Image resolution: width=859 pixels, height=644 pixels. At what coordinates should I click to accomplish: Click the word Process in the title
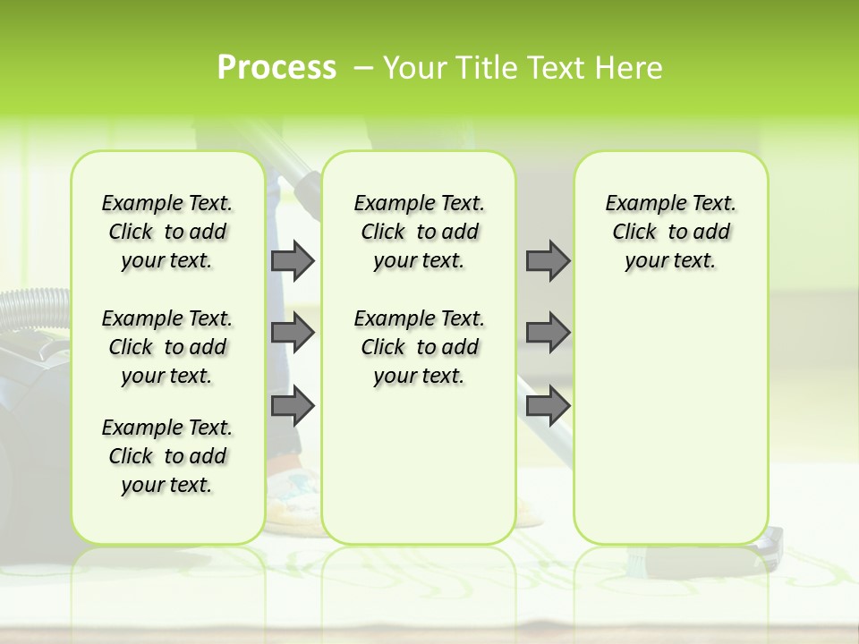(x=276, y=68)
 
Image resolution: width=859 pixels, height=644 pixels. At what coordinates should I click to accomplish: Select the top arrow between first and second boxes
(x=293, y=261)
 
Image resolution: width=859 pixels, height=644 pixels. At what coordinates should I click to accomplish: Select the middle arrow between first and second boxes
(x=293, y=333)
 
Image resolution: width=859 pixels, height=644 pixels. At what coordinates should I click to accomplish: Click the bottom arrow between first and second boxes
(x=293, y=406)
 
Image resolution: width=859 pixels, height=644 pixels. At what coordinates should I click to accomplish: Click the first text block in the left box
(x=167, y=233)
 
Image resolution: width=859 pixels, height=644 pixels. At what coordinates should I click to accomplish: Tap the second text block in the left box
(x=167, y=347)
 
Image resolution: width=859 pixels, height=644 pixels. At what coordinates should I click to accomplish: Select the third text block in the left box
(x=167, y=456)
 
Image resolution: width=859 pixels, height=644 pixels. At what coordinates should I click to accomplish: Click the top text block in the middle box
(x=419, y=233)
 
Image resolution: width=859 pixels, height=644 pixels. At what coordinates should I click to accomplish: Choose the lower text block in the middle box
(x=419, y=347)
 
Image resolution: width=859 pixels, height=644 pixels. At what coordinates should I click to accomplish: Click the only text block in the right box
(x=670, y=233)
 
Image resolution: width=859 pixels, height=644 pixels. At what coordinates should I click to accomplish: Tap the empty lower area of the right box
(x=670, y=420)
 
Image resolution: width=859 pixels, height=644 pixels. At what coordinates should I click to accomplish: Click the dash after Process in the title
(x=363, y=68)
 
